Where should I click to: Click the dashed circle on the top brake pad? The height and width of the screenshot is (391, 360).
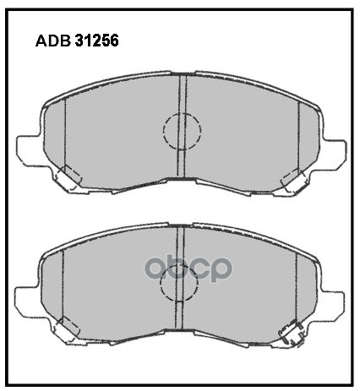(182, 131)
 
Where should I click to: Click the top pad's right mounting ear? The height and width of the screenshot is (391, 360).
(331, 152)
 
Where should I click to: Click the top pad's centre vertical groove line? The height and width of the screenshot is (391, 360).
(182, 93)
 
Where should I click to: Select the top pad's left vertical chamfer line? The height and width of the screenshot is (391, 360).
(65, 135)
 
